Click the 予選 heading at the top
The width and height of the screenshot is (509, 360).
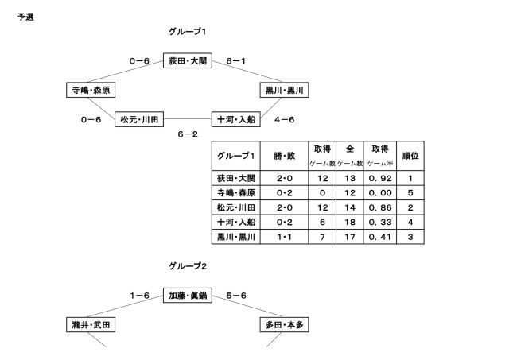pyautogui.click(x=25, y=16)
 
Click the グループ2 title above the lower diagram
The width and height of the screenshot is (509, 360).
pyautogui.click(x=188, y=265)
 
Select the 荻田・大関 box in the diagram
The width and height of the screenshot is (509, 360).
pyautogui.click(x=188, y=60)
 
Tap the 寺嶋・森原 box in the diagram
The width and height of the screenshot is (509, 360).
pyautogui.click(x=89, y=90)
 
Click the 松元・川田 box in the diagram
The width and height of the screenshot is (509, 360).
pyautogui.click(x=140, y=119)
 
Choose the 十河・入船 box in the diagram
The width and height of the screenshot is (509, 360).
pyautogui.click(x=236, y=119)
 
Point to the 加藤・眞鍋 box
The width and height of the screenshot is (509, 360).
pyautogui.click(x=188, y=296)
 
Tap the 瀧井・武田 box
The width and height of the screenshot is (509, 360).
pyautogui.click(x=89, y=324)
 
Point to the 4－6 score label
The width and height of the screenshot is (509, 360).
pyautogui.click(x=284, y=120)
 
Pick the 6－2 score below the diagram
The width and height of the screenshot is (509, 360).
pyautogui.click(x=188, y=135)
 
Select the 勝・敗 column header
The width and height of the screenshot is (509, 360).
pyautogui.click(x=284, y=155)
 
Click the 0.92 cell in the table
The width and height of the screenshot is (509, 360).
pyautogui.click(x=375, y=179)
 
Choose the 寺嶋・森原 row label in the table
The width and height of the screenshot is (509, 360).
pyautogui.click(x=237, y=193)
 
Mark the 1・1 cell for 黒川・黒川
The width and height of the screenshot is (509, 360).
pyautogui.click(x=284, y=236)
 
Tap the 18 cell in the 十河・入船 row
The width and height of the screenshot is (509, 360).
pyautogui.click(x=348, y=222)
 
